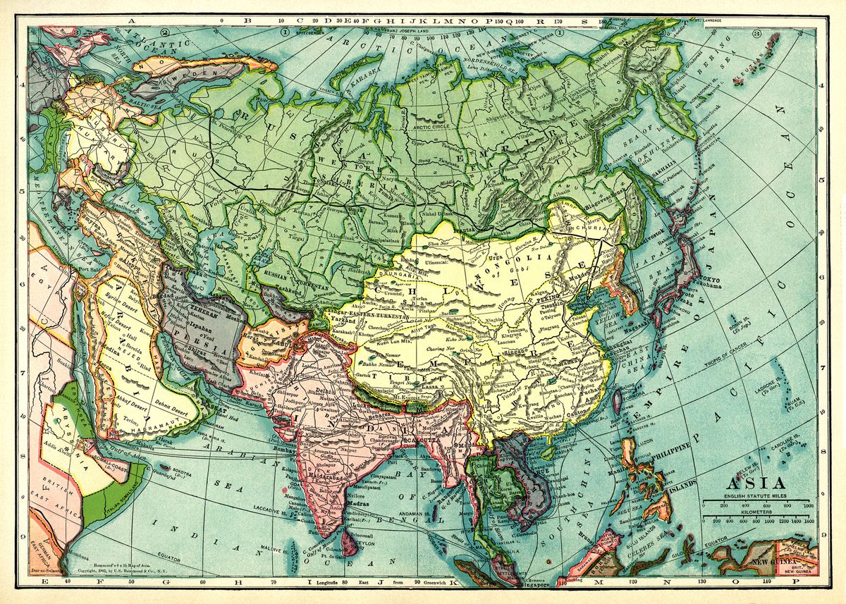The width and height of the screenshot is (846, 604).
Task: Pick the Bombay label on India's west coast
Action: pyautogui.click(x=281, y=448)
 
